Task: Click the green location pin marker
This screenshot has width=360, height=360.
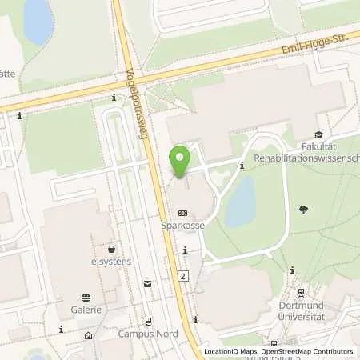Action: coord(180,159)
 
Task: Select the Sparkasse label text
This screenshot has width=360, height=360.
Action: coord(183,226)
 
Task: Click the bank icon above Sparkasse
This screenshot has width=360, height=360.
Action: coord(183,214)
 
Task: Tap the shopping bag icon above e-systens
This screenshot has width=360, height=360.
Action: coord(111,249)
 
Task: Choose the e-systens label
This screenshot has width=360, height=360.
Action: coord(110,262)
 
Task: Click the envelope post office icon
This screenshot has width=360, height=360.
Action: coord(147,283)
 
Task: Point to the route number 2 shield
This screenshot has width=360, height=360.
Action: coord(183,276)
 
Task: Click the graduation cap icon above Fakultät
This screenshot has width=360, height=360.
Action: coord(318,135)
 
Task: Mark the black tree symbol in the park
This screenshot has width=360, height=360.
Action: coord(303,210)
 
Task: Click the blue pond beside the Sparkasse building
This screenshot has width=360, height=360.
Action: coord(239,202)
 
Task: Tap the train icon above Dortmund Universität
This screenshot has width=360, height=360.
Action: coord(302,294)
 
